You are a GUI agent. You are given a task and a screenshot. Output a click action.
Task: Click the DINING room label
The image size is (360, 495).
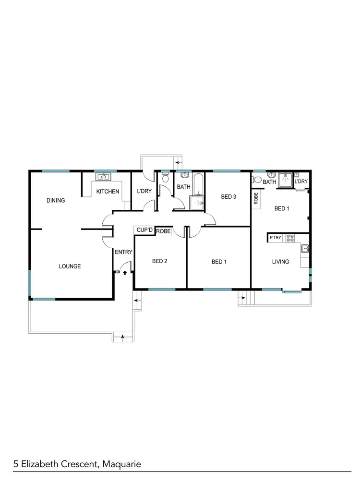(56, 200)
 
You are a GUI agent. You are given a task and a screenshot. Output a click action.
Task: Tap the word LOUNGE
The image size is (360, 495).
(70, 266)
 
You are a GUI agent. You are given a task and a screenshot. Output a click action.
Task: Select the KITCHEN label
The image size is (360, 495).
(108, 192)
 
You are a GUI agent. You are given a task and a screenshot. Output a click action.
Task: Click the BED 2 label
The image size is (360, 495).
(159, 262)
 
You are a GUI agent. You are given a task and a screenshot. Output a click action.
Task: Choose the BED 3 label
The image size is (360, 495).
(228, 196)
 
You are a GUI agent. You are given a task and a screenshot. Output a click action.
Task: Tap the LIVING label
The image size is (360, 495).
(280, 262)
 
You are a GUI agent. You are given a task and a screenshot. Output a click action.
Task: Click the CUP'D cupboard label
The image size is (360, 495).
(144, 230)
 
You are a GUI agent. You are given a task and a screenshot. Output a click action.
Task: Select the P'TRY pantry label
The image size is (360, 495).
(276, 238)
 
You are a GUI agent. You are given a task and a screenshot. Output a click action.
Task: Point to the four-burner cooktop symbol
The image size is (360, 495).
(289, 237)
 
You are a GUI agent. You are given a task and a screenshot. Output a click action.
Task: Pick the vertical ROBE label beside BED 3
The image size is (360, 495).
(256, 199)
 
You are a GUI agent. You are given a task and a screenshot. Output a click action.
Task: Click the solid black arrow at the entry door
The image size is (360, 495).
(125, 272)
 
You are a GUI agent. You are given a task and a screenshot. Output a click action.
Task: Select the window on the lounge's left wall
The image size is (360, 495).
(30, 283)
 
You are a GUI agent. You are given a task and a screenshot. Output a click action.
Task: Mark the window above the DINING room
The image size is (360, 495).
(55, 171)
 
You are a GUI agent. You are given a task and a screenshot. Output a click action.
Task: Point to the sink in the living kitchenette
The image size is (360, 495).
(304, 248)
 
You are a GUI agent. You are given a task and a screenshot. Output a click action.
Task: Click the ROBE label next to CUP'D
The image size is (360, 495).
(163, 231)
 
